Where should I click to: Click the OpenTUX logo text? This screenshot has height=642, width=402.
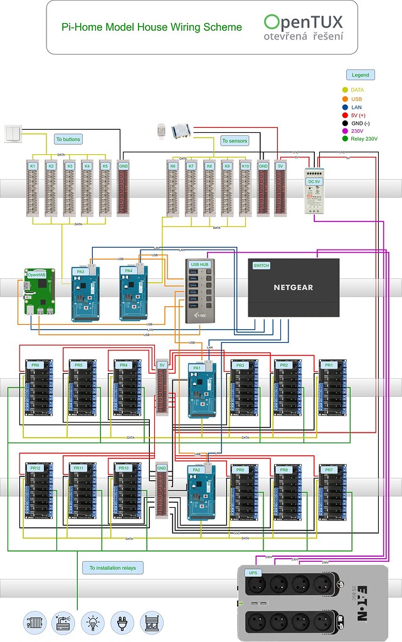click(304, 23)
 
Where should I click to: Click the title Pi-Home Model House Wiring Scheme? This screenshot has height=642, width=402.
click(151, 27)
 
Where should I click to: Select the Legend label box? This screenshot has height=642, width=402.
click(360, 75)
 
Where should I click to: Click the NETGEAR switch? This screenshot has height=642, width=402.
click(293, 287)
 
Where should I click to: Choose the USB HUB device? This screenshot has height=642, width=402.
click(199, 290)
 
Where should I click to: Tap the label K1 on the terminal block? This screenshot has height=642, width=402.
click(33, 166)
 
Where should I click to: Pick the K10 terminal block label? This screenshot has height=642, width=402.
click(245, 166)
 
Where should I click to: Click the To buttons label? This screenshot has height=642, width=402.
click(68, 139)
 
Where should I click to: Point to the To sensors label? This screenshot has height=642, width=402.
click(235, 141)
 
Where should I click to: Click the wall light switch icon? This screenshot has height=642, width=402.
click(13, 133)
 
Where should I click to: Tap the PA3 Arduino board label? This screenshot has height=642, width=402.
click(80, 271)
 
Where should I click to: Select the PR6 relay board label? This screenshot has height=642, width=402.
click(35, 365)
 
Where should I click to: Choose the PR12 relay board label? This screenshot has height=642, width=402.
click(35, 468)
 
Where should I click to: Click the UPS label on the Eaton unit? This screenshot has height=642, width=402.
click(253, 572)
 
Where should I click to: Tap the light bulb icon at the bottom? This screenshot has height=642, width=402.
click(93, 623)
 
